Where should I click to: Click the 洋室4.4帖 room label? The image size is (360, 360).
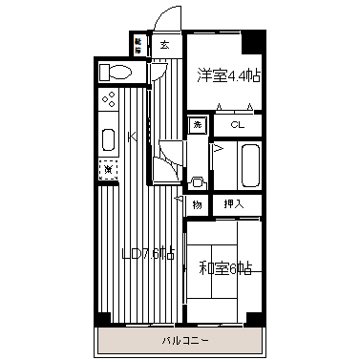pyautogui.click(x=227, y=74)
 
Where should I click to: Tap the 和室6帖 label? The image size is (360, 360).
pyautogui.click(x=225, y=269)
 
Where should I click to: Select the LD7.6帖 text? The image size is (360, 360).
pyautogui.click(x=147, y=253)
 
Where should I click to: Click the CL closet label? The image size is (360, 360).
pyautogui.click(x=236, y=123)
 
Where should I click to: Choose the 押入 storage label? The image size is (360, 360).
pyautogui.click(x=234, y=203)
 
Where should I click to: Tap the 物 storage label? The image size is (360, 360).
pyautogui.click(x=197, y=203)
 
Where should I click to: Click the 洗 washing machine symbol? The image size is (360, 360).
pyautogui.click(x=197, y=123)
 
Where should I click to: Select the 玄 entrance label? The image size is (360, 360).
pyautogui.click(x=164, y=44)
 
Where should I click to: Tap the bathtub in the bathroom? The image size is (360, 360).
pyautogui.click(x=250, y=165)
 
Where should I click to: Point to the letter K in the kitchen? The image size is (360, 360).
pyautogui.click(x=133, y=137)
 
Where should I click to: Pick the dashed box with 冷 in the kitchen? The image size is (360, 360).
pyautogui.click(x=108, y=170)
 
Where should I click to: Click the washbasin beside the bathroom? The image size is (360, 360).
pyautogui.click(x=198, y=180)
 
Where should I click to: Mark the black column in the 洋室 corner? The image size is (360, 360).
pyautogui.click(x=251, y=43)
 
